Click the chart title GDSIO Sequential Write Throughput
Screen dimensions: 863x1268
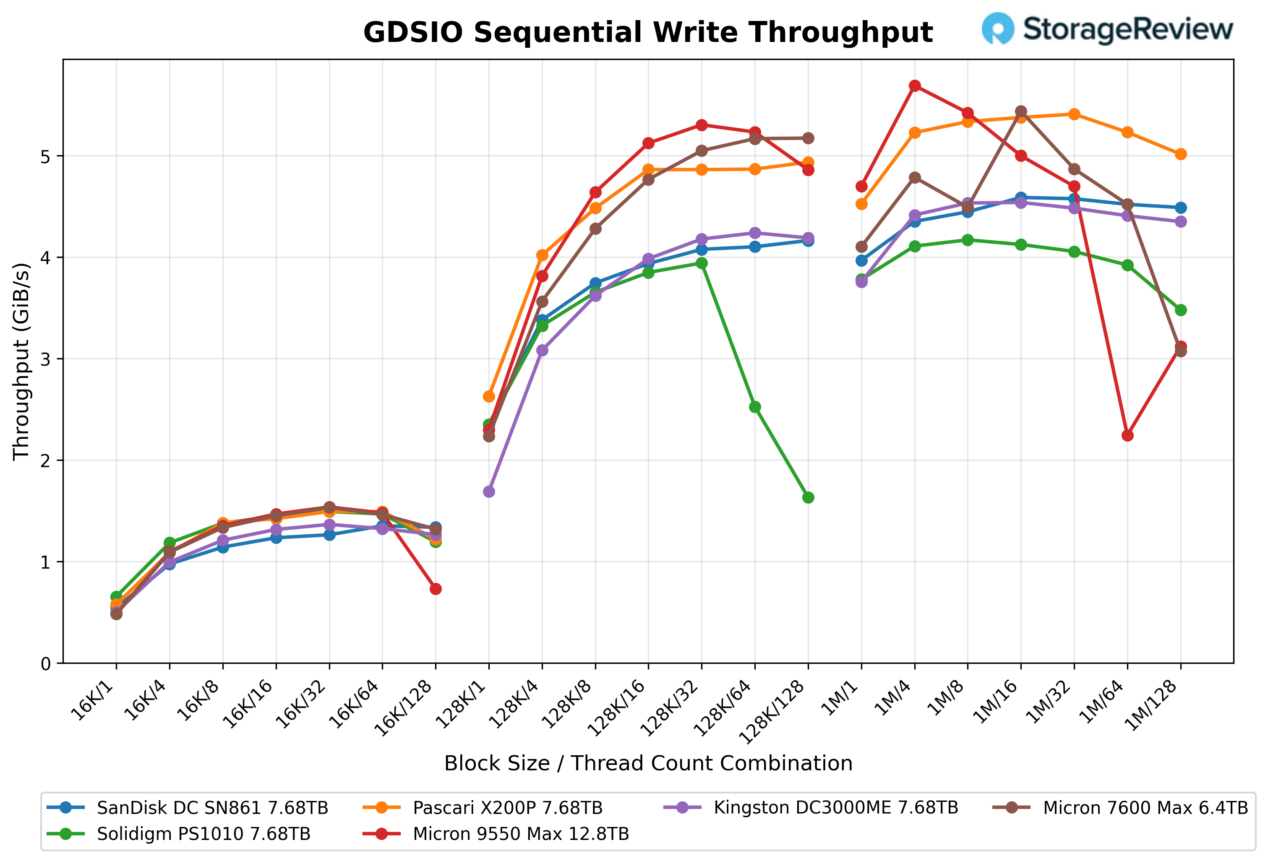click(648, 32)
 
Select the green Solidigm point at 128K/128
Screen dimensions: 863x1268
click(809, 498)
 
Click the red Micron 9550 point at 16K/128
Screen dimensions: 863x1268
click(436, 589)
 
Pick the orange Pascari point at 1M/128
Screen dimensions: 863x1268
click(1181, 154)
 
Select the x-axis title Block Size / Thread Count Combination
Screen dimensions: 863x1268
click(648, 764)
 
